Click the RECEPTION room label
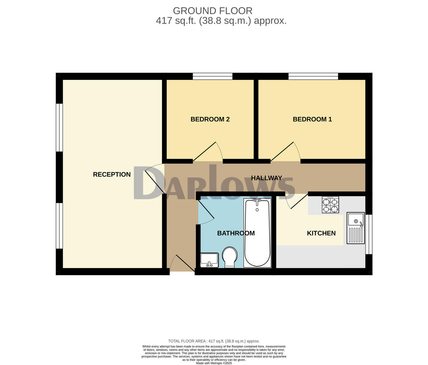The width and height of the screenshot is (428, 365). (112, 174)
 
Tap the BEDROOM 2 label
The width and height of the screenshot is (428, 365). (210, 119)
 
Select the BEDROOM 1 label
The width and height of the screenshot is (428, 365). (312, 119)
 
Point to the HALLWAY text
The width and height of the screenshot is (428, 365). (266, 178)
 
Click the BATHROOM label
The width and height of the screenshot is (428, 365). (236, 233)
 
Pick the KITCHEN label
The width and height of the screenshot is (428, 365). (321, 233)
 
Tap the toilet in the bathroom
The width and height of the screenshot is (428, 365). (230, 257)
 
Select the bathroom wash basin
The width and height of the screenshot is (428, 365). (209, 260)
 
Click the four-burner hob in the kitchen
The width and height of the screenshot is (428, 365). (330, 205)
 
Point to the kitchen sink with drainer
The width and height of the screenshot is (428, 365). (356, 228)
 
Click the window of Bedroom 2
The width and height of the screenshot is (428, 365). (213, 76)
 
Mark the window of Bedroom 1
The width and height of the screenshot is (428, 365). (313, 76)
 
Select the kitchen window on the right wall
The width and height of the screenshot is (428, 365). (369, 234)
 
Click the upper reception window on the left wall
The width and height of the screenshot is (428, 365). (59, 127)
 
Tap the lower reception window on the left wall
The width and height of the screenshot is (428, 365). (59, 226)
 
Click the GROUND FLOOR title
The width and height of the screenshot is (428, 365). (213, 11)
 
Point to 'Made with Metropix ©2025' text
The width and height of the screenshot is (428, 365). (214, 363)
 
